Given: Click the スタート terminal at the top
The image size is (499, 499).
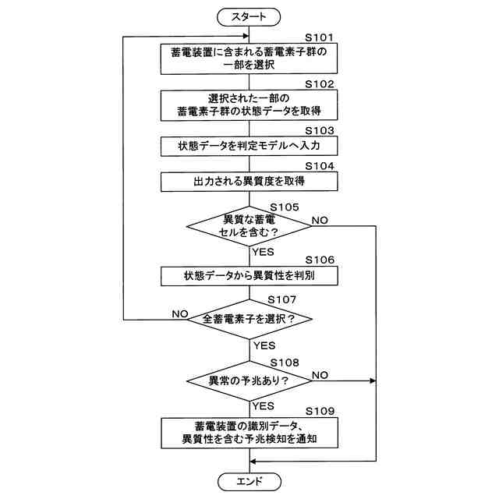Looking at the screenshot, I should click(x=249, y=15).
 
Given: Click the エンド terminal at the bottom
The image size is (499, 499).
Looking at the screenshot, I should click(x=249, y=481).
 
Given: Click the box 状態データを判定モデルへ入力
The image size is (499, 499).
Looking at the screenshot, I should click(x=249, y=146).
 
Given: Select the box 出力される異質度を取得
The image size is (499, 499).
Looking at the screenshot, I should click(x=249, y=182).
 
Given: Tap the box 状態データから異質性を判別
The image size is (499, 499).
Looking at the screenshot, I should click(x=249, y=276).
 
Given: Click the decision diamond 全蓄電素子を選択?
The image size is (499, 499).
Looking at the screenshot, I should click(x=249, y=320).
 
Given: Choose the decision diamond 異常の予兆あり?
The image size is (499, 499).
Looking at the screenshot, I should click(x=249, y=381).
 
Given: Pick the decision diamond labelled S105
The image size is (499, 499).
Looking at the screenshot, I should click(x=249, y=226).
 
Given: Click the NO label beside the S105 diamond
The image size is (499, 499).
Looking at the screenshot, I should click(x=320, y=221).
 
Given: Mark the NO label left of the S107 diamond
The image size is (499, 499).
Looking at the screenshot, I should click(x=181, y=313).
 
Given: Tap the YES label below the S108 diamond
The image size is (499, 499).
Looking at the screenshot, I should click(x=264, y=405).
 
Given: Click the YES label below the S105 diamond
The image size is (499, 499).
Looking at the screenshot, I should click(x=264, y=252).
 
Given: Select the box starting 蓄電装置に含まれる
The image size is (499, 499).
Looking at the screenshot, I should click(x=249, y=58).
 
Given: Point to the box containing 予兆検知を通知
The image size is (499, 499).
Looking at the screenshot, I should click(x=249, y=433).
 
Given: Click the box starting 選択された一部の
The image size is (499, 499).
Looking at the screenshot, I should click(x=249, y=105).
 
